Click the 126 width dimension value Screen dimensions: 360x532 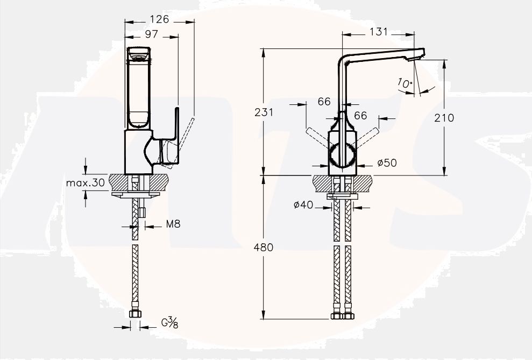(x=159, y=19)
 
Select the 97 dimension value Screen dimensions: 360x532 (x=151, y=34)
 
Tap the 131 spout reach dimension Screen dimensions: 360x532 (x=378, y=32)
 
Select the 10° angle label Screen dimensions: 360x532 (x=405, y=83)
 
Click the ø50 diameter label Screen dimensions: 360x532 (x=387, y=163)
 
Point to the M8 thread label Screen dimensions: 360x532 (x=173, y=224)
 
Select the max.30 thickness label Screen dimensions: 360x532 (x=85, y=182)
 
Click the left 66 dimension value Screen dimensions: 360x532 (x=324, y=102)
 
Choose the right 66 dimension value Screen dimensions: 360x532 (x=360, y=116)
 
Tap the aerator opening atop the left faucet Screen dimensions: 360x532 (x=139, y=53)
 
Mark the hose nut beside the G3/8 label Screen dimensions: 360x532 (x=134, y=314)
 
